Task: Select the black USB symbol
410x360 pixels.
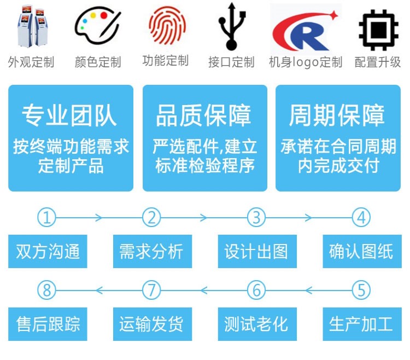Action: coord(231,26)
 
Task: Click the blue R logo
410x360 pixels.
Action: coord(306,27)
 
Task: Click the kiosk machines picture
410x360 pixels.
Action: coord(31,26)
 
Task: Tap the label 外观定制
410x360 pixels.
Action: coord(31,61)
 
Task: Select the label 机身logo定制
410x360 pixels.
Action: coord(306,62)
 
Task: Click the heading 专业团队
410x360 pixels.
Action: coord(69,115)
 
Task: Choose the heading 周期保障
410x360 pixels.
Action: coord(337,115)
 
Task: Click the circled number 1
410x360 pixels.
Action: coord(47,218)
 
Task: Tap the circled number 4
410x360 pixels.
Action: coord(361,218)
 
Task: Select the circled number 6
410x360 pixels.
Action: coord(256,289)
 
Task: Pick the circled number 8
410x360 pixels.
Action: coord(47,289)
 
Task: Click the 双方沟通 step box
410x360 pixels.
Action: coord(48,252)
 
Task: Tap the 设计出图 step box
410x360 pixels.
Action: coord(256,252)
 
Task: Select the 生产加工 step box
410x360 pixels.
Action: coord(361,324)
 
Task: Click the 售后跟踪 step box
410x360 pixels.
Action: coord(48,324)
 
